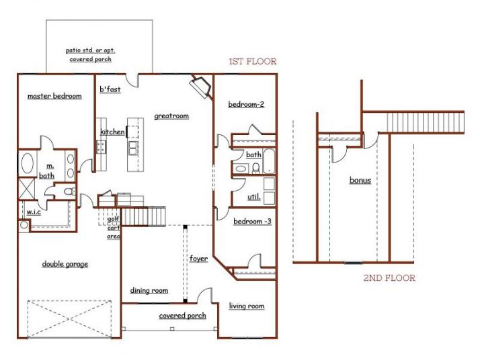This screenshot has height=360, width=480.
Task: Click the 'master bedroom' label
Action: click(54, 96)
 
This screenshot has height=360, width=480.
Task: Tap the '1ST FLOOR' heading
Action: click(252, 62)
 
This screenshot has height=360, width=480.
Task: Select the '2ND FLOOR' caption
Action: click(390, 278)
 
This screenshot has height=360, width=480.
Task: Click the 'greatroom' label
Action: click(171, 116)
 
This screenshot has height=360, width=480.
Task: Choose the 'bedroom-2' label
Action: click(246, 104)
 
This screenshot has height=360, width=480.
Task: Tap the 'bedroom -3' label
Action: click(252, 221)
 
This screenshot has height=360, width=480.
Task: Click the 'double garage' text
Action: click(65, 264)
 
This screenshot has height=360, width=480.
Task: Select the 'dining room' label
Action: click(149, 290)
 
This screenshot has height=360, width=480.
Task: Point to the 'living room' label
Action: click(247, 306)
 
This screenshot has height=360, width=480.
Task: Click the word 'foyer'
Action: click(198, 258)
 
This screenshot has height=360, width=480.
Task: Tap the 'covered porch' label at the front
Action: click(182, 316)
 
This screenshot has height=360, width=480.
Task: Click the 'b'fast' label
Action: click(110, 89)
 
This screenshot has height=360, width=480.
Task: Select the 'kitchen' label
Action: click(112, 132)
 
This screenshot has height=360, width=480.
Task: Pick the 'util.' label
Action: click(253, 197)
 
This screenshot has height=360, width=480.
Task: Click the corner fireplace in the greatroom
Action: click(200, 86)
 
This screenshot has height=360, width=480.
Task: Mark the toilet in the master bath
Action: click(67, 192)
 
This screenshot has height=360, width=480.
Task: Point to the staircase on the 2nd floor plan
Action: click(425, 122)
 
